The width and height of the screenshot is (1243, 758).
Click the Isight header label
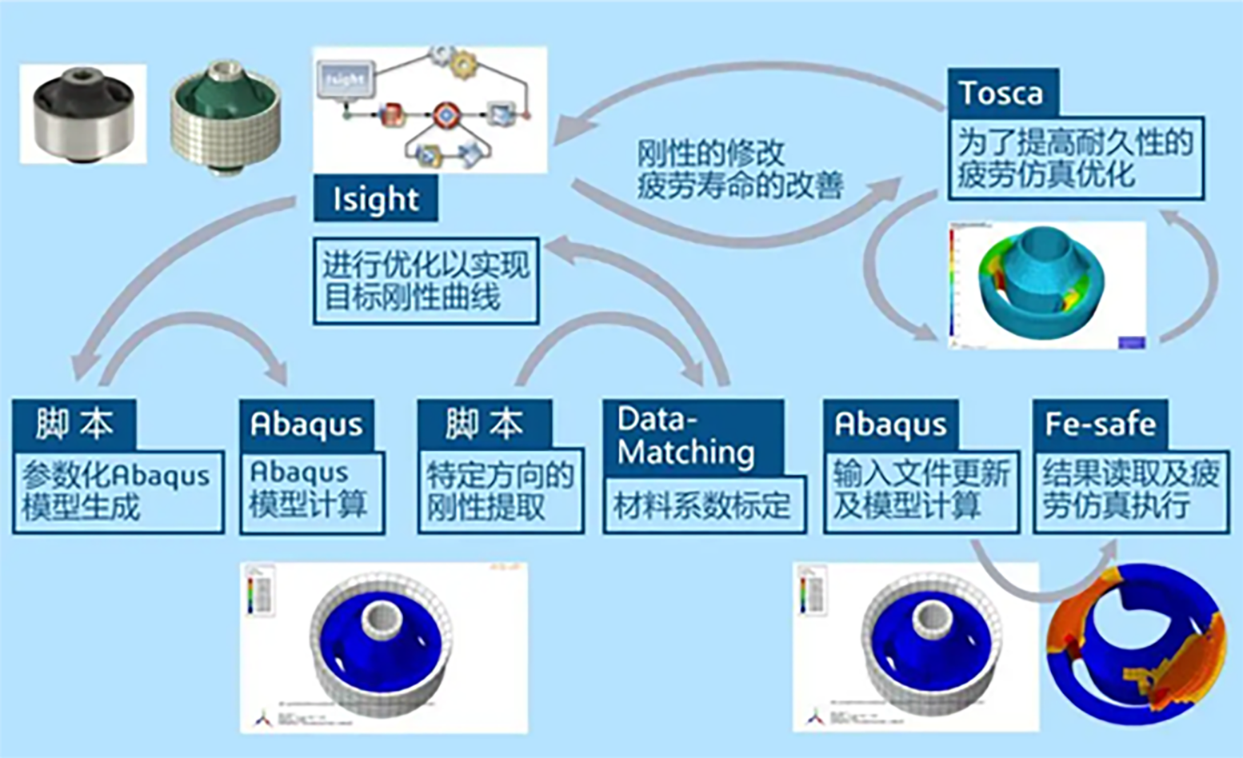(x=375, y=199)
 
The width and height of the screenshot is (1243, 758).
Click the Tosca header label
(x=1002, y=93)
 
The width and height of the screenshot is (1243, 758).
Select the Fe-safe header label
(x=1100, y=424)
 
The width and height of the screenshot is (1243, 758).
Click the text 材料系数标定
(x=702, y=506)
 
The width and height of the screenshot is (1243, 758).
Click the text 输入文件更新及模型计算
(x=921, y=490)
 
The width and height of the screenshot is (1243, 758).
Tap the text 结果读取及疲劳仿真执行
(x=1130, y=490)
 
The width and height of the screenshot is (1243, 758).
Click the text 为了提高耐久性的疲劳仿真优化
(x=1075, y=158)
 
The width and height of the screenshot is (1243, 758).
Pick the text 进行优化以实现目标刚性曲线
(x=426, y=281)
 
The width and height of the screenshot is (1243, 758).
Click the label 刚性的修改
(x=710, y=153)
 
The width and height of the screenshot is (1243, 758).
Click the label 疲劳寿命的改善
(x=740, y=186)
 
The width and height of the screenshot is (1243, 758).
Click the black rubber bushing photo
(x=82, y=114)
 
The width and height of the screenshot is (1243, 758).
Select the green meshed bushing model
(x=226, y=116)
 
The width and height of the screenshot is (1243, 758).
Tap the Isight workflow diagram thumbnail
(x=430, y=108)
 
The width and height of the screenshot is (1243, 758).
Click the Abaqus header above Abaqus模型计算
(x=306, y=424)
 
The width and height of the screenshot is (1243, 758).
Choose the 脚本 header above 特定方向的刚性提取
(x=484, y=424)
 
